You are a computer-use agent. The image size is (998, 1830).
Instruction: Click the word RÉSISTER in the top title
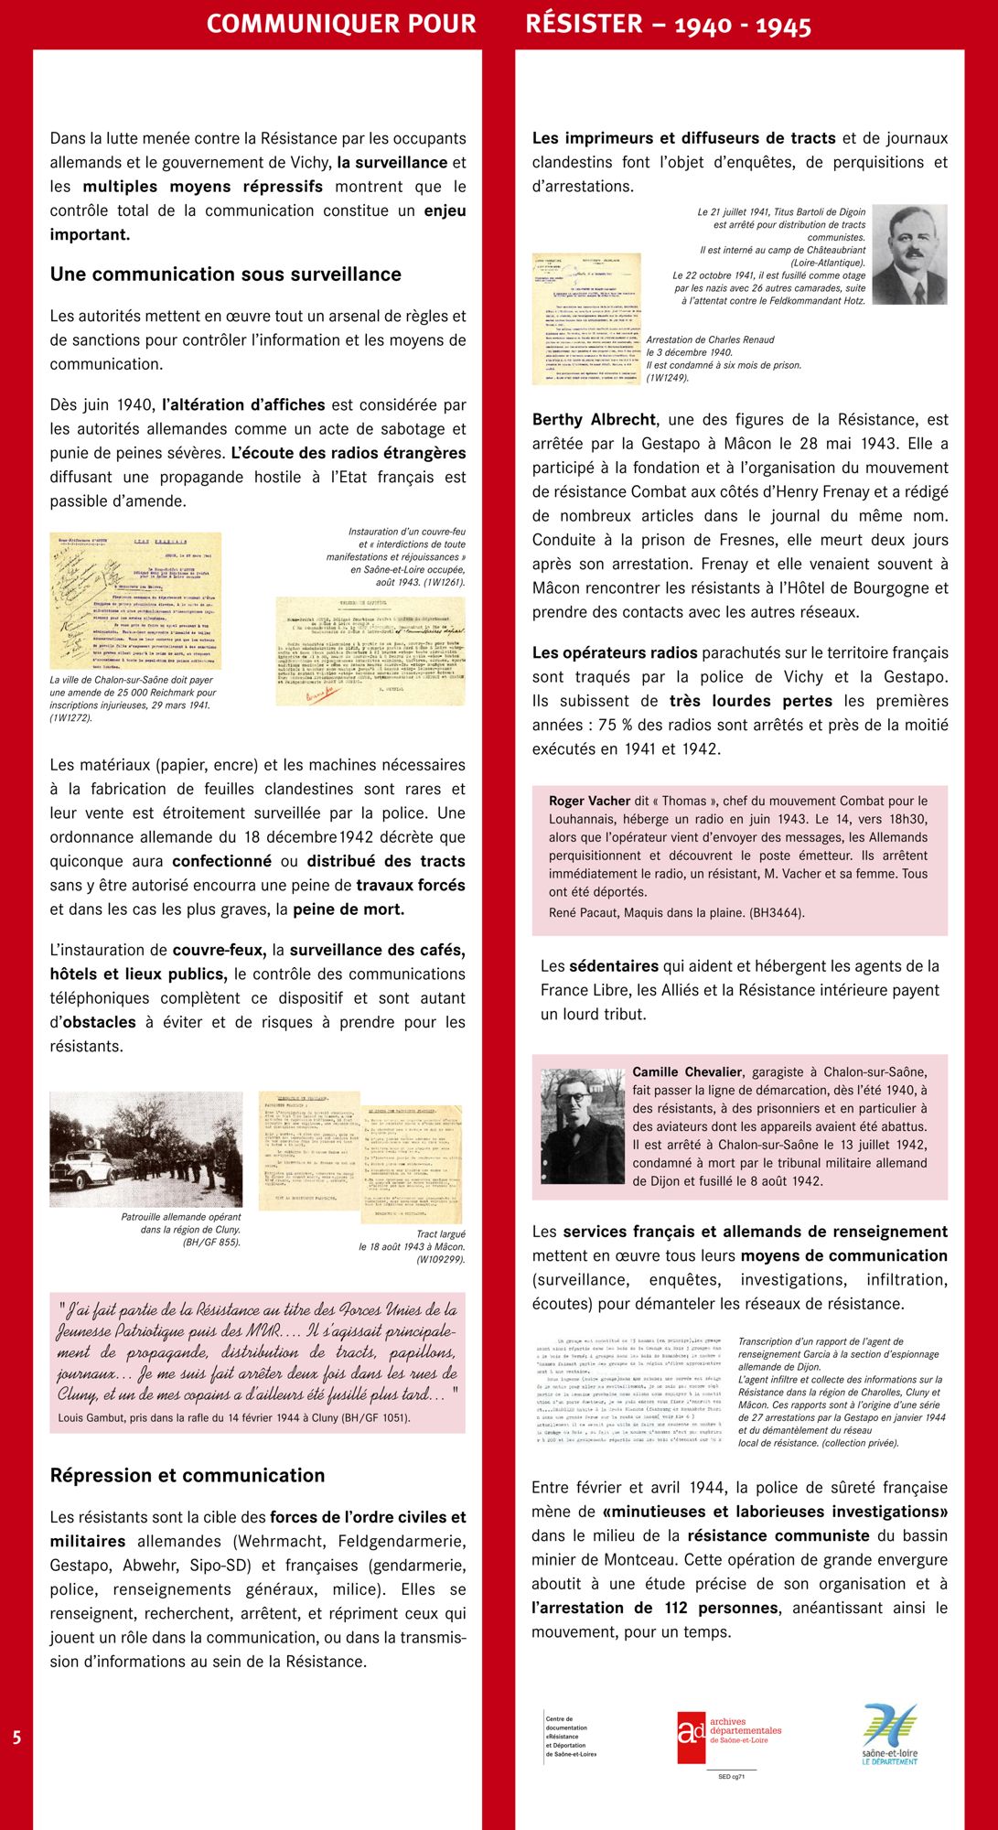point(584,25)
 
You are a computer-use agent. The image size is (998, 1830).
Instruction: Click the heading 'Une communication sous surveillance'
point(225,274)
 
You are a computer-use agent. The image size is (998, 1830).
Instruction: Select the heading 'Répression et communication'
point(187,1475)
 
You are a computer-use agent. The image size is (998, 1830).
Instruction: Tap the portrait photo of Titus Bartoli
point(908,254)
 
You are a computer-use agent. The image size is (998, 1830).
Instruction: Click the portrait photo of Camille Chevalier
point(582,1125)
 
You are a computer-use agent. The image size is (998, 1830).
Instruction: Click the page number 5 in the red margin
point(16,1738)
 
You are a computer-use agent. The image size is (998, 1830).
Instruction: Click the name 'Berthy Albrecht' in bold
point(594,420)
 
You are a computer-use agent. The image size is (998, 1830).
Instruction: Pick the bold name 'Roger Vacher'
point(589,801)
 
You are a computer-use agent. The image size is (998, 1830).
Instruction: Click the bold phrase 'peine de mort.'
point(348,910)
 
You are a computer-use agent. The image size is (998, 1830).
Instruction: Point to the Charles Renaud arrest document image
point(585,318)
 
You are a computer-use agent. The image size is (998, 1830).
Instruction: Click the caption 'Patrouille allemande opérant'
point(181,1217)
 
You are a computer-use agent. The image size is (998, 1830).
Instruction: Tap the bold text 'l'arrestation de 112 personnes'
point(655,1608)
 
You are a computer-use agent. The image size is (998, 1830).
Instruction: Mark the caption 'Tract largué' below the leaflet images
point(440,1234)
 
